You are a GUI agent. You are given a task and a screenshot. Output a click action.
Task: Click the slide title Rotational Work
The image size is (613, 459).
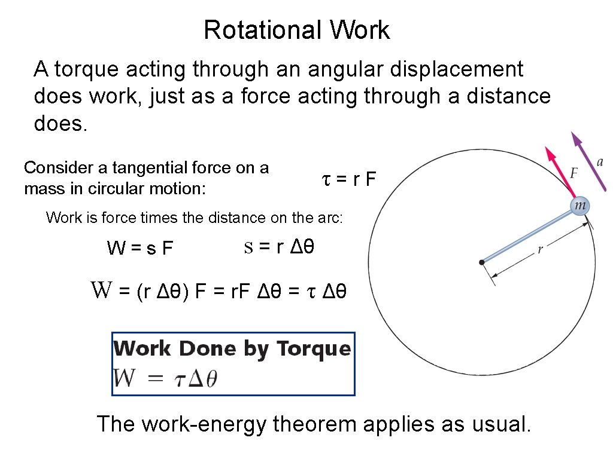pos(296,30)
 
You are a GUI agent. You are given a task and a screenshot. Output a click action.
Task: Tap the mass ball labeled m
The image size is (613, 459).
pos(579,206)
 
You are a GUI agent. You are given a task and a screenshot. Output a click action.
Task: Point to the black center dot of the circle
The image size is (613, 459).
pos(481,262)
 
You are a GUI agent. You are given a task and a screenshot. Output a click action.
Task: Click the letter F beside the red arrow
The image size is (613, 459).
pos(573,173)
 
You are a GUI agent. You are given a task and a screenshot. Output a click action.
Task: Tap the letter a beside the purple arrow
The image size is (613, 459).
pos(600,161)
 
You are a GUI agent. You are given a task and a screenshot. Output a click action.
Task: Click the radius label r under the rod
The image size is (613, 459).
pos(540,250)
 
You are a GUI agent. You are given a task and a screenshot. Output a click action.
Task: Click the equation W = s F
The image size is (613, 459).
pos(139,247)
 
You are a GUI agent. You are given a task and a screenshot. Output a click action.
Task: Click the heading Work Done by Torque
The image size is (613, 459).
pos(232,348)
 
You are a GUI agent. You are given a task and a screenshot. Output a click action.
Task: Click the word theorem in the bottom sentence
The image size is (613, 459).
pos(314,424)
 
